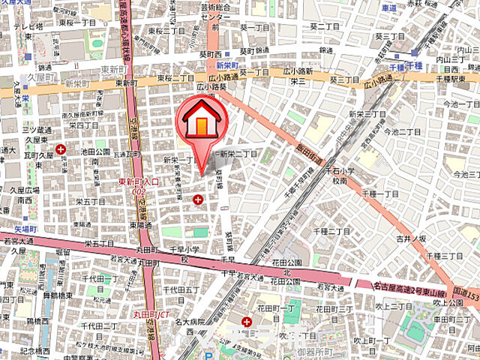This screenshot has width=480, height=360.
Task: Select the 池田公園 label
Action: (x=97, y=151)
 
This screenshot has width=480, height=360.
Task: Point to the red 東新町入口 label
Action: (x=139, y=181)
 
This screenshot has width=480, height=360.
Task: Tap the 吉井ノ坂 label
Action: (x=411, y=238)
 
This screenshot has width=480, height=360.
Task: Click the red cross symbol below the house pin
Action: (x=198, y=199)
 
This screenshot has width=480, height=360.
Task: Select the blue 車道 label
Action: (x=388, y=8)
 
